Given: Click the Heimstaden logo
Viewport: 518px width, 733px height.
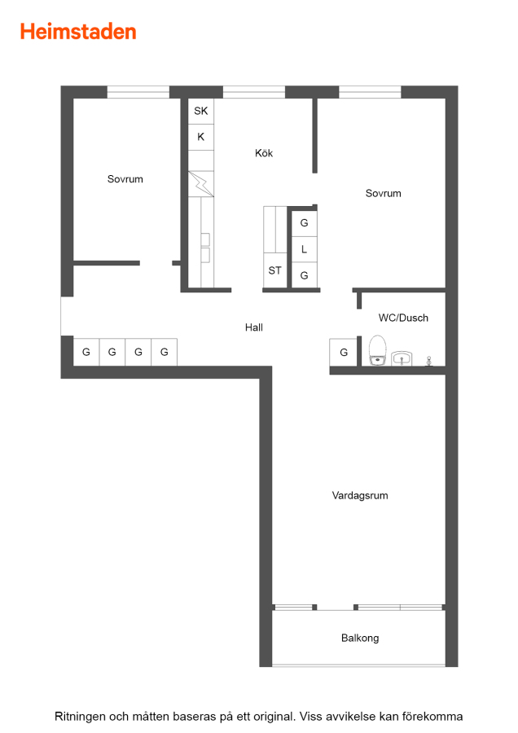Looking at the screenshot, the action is point(78,32).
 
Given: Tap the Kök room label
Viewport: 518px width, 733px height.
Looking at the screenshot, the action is point(264,153).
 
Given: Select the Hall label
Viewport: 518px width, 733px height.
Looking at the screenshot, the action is point(254,327).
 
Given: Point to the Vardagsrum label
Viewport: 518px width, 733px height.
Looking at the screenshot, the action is point(360,495).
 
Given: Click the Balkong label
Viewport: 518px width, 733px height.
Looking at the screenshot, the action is point(360,638).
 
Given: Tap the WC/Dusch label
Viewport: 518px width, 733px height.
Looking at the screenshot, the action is point(403,318).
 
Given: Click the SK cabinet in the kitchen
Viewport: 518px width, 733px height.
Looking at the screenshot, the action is point(201,112).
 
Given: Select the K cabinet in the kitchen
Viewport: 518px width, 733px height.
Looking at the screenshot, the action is point(201,137).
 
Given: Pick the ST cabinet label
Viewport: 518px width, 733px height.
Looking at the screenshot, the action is point(275,270).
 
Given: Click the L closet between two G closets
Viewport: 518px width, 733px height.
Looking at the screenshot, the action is point(305,249).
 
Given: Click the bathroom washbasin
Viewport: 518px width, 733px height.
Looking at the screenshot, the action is point(402,358).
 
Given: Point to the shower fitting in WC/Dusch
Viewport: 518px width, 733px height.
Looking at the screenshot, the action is point(428,361).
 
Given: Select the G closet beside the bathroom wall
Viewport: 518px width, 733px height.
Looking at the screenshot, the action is point(344,353).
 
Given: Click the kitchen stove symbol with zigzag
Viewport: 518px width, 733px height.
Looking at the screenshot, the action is point(201,184).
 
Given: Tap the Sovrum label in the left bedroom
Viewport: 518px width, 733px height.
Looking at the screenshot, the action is point(125,179).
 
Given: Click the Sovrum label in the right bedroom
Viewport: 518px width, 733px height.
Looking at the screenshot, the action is point(384,193).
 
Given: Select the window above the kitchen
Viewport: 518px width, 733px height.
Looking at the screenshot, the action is point(254,92).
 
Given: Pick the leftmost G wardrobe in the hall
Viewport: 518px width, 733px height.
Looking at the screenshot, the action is point(86,352).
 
